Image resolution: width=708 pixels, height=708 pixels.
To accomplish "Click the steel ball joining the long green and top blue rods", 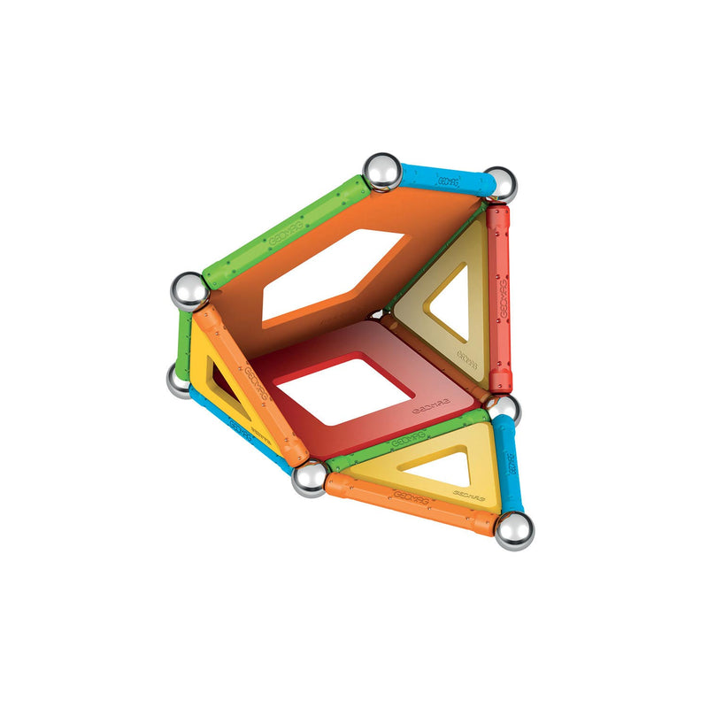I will click(x=382, y=171).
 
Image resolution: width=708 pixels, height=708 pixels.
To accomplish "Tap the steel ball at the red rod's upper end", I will click(x=500, y=184).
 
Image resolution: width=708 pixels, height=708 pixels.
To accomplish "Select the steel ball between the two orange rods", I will click(x=310, y=478).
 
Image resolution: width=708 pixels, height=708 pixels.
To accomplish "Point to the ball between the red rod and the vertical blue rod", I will click(x=503, y=408).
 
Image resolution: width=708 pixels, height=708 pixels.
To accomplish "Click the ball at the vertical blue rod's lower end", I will click(x=514, y=531).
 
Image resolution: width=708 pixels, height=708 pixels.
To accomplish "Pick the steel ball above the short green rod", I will click(x=189, y=291).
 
